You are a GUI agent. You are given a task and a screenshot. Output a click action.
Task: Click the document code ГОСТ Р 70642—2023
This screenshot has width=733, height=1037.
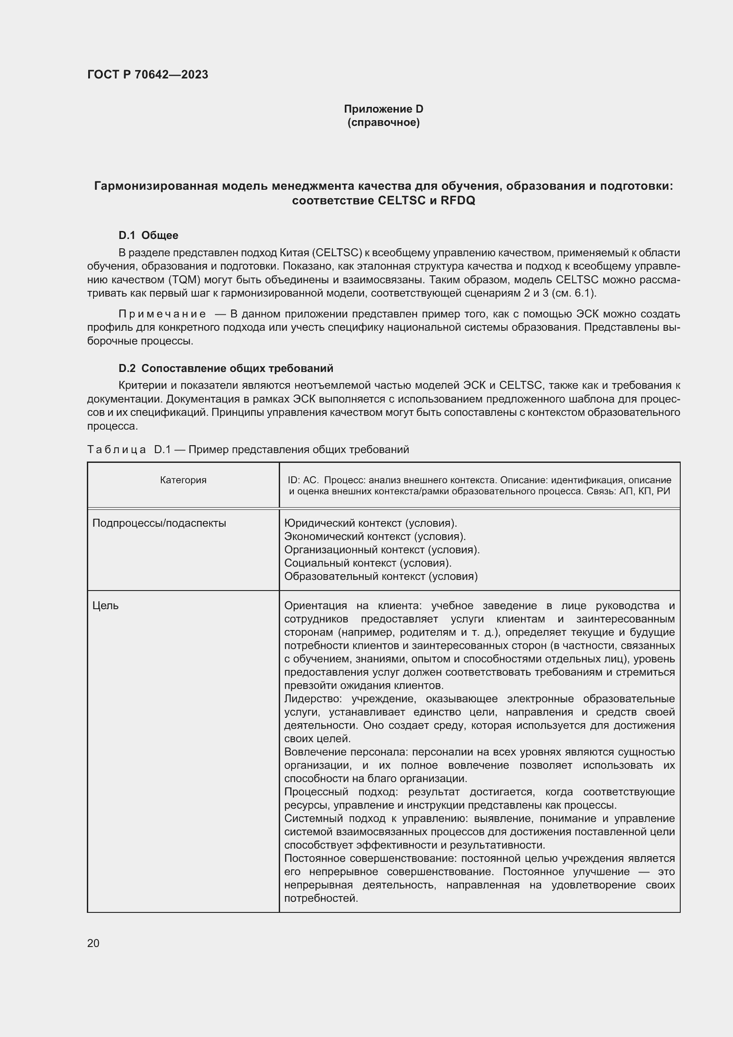click(x=148, y=74)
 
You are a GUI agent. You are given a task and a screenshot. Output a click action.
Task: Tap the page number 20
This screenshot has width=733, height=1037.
click(x=93, y=943)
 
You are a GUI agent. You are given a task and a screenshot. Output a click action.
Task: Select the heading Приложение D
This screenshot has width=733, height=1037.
click(x=383, y=109)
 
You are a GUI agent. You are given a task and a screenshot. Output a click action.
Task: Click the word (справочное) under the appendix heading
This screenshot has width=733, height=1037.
click(x=383, y=122)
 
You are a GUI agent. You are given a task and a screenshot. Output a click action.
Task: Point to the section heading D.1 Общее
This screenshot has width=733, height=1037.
click(x=148, y=235)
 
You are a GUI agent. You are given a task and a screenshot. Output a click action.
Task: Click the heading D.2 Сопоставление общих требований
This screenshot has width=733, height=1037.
click(x=226, y=368)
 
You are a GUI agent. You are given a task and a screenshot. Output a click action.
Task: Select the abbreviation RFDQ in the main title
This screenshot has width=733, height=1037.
click(x=458, y=200)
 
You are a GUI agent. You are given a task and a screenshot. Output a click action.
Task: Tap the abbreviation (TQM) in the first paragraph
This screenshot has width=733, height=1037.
click(x=185, y=280)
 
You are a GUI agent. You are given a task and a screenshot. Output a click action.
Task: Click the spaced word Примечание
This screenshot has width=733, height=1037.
click(x=162, y=314)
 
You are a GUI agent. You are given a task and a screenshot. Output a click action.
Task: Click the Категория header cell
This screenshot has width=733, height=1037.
click(x=183, y=480)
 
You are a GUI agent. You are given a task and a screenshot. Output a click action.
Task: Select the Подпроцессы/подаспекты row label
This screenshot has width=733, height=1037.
click(x=159, y=523)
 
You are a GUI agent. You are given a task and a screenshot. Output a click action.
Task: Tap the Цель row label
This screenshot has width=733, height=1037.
click(x=105, y=605)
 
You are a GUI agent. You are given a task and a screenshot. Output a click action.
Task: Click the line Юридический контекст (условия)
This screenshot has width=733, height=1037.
click(x=370, y=523)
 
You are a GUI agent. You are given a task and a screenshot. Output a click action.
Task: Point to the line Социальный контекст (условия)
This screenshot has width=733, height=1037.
click(x=367, y=563)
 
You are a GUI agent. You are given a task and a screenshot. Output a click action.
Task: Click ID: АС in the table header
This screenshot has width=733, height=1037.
click(x=303, y=480)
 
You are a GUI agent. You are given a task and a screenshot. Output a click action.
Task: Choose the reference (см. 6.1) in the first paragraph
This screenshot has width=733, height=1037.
click(x=573, y=293)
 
